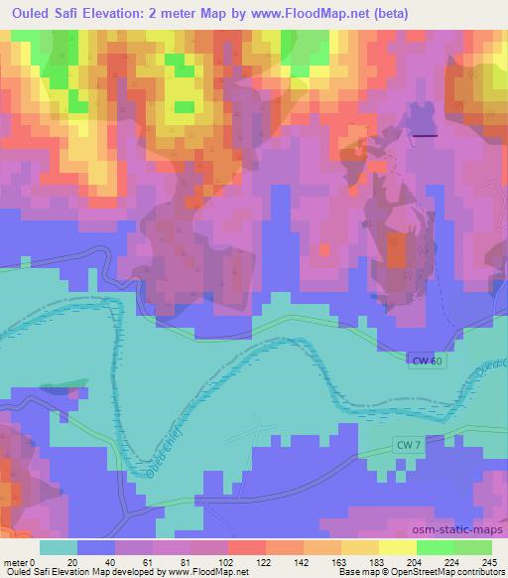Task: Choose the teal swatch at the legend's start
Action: [59, 547]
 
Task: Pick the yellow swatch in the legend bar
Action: [397, 547]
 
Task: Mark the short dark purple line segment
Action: [425, 134]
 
